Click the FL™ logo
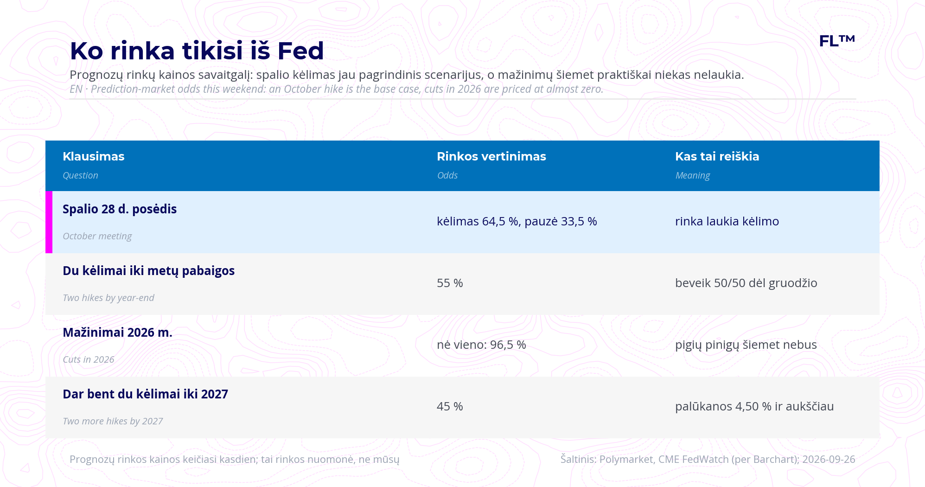tap(837, 41)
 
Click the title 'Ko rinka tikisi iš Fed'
tap(197, 51)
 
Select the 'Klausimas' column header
tap(94, 156)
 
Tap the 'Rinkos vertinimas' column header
tap(491, 156)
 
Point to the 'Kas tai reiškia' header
tap(717, 156)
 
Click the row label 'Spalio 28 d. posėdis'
tap(120, 209)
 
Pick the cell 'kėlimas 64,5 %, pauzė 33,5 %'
tap(517, 221)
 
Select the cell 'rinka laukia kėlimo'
tap(727, 221)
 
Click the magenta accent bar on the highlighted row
tap(49, 222)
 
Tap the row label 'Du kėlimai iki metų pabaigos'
tap(149, 271)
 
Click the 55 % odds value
tap(450, 283)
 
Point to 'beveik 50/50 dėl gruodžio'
tap(746, 283)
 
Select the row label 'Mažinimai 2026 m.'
tap(117, 333)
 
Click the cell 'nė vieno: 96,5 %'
tap(481, 345)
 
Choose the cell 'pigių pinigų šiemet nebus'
tap(746, 345)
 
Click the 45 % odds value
tap(450, 406)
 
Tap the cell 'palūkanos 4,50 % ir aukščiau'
tap(754, 406)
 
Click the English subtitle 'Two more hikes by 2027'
tap(113, 421)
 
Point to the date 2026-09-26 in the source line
tap(829, 459)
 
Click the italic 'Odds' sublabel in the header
tap(447, 175)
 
